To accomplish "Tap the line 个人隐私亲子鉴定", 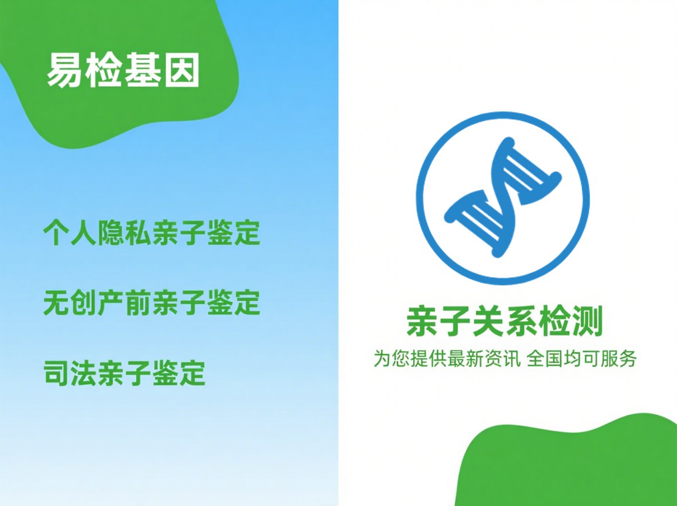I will pyautogui.click(x=151, y=233).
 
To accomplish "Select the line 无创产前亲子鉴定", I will pyautogui.click(x=151, y=303).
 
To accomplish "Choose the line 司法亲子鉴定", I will pyautogui.click(x=124, y=373).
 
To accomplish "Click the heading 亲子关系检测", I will pyautogui.click(x=504, y=322).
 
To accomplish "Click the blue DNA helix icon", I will pyautogui.click(x=502, y=198).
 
